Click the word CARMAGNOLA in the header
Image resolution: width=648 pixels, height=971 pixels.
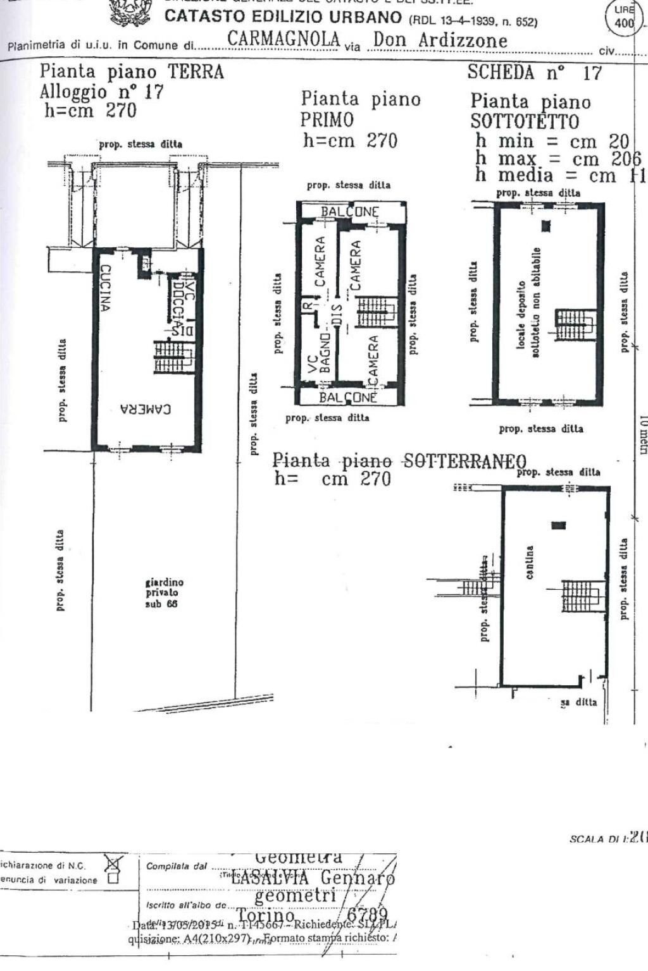point(283,39)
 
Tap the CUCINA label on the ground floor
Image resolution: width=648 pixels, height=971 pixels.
point(104,288)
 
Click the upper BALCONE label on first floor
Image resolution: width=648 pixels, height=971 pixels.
point(350,212)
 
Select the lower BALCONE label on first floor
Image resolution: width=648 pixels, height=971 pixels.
point(347,398)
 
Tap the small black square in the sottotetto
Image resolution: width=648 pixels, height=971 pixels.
point(547,226)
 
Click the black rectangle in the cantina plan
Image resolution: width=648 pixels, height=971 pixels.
point(558,525)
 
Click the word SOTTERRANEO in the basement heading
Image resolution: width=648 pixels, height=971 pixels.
point(464,460)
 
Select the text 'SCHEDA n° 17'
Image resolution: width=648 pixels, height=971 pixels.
point(535,73)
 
